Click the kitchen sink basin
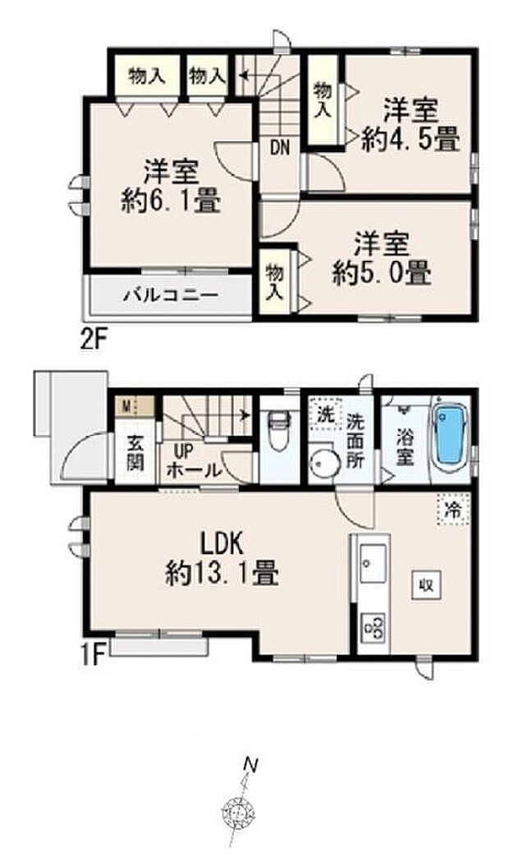click(373, 563)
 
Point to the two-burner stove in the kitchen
click(373, 628)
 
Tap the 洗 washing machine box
click(326, 415)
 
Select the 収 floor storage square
click(425, 584)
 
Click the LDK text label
click(222, 545)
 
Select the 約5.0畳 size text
click(382, 272)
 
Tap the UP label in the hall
click(184, 452)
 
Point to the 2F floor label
click(93, 338)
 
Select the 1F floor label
click(94, 655)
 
